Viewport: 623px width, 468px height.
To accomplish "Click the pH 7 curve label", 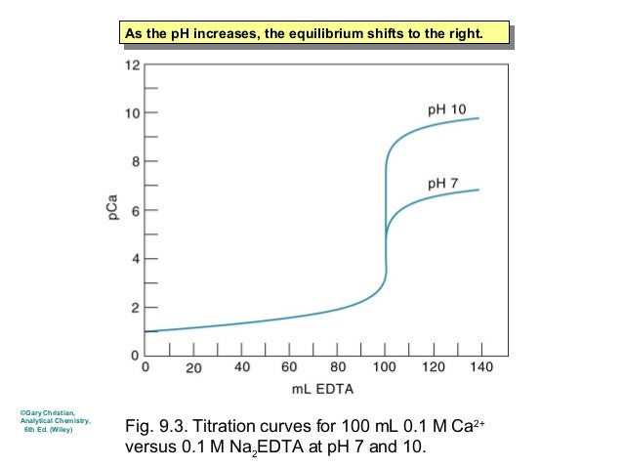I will coord(444,183).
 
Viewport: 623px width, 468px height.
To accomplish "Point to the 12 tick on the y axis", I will coord(132,65).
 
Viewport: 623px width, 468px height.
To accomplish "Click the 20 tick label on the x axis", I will coord(193,368).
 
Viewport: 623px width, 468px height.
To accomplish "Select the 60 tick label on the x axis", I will coord(289,368).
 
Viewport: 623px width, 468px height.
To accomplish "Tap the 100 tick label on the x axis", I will coord(386,368).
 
